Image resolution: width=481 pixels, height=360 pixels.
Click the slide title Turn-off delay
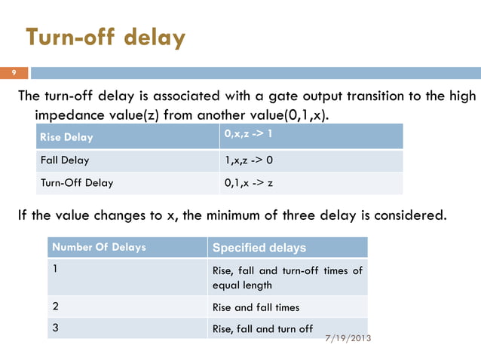point(105,37)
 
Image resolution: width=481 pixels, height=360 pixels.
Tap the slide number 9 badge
point(13,73)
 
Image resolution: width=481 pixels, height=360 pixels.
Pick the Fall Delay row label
point(64,160)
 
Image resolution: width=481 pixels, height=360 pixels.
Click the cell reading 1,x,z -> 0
point(250,160)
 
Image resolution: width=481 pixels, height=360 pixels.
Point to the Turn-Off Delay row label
point(76,182)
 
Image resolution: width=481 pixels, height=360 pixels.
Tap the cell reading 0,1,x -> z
point(250,182)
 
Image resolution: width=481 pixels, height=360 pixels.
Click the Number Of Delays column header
point(98,247)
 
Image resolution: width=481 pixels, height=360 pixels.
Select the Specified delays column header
point(259,248)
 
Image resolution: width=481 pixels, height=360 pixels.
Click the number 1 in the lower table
point(55,268)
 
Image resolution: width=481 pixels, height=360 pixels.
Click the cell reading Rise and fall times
point(256,307)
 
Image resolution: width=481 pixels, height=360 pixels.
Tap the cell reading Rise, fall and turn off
point(262,328)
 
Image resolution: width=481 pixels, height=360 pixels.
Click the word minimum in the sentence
point(213,217)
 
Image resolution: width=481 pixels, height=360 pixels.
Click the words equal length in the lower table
point(242,285)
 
